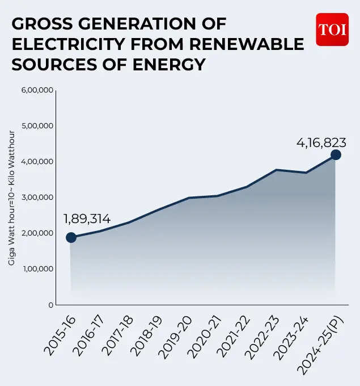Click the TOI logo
(x=332, y=30)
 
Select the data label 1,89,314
(x=87, y=219)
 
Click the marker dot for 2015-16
(x=71, y=237)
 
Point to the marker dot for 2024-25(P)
(x=336, y=155)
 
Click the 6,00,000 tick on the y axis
(x=37, y=90)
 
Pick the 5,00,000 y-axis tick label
(x=37, y=125)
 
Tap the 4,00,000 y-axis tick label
(x=37, y=161)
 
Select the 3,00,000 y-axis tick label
(x=37, y=197)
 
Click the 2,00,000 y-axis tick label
(x=37, y=233)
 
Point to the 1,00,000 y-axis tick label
(x=37, y=268)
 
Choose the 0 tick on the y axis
(x=50, y=305)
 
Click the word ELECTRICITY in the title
(x=69, y=44)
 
